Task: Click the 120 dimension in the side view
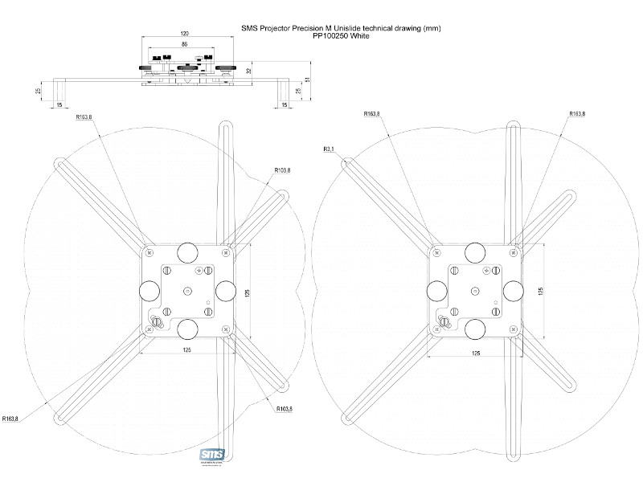(x=184, y=34)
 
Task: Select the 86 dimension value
(x=184, y=47)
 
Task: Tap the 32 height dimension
(x=249, y=71)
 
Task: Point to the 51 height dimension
(x=309, y=80)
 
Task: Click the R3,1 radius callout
(x=329, y=149)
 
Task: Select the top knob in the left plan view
(x=187, y=251)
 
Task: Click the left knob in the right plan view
(x=439, y=289)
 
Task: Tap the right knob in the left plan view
(x=226, y=289)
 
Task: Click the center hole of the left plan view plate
(x=187, y=290)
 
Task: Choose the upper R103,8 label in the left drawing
(x=282, y=170)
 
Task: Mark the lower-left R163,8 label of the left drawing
(x=11, y=419)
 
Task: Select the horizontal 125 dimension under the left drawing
(x=186, y=350)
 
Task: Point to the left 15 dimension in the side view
(x=59, y=104)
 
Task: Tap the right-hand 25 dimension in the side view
(x=299, y=91)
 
